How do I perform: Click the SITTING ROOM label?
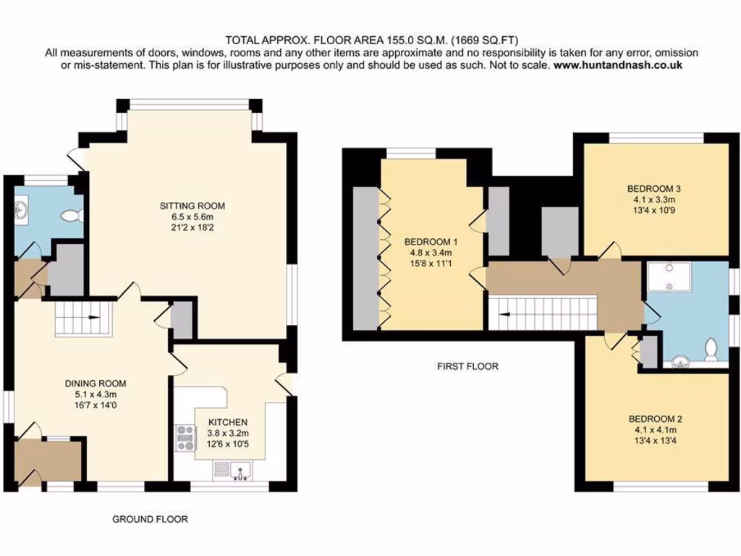[187, 206]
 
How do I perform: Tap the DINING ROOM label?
[85, 384]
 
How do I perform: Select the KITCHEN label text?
[228, 422]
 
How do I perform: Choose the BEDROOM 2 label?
[655, 418]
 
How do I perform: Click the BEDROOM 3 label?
[654, 188]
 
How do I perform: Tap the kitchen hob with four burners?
[185, 439]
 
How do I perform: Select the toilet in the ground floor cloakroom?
[73, 216]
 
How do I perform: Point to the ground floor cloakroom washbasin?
[21, 210]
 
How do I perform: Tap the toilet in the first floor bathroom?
[712, 349]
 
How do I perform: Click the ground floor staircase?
[81, 319]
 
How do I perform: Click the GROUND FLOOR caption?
[150, 519]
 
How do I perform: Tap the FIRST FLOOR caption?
[467, 366]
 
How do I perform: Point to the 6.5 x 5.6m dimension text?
[187, 216]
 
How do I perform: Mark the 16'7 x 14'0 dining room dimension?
[85, 406]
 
